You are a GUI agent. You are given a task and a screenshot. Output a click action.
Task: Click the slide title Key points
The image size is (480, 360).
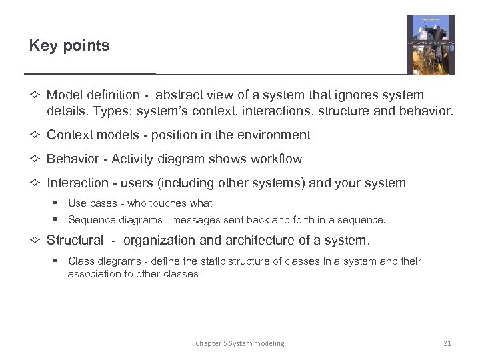69,46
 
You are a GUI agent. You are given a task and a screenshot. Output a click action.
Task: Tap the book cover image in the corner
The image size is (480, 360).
431,45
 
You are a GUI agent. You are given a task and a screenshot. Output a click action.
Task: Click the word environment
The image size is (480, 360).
274,135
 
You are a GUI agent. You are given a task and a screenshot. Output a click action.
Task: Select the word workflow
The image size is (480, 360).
274,159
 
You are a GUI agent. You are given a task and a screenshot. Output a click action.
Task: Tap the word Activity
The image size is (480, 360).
133,159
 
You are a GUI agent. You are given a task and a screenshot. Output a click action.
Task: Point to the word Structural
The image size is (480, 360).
75,241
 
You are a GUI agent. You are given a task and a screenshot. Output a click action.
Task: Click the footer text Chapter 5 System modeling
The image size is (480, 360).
239,343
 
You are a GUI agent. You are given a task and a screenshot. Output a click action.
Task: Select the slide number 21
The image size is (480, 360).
447,343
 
